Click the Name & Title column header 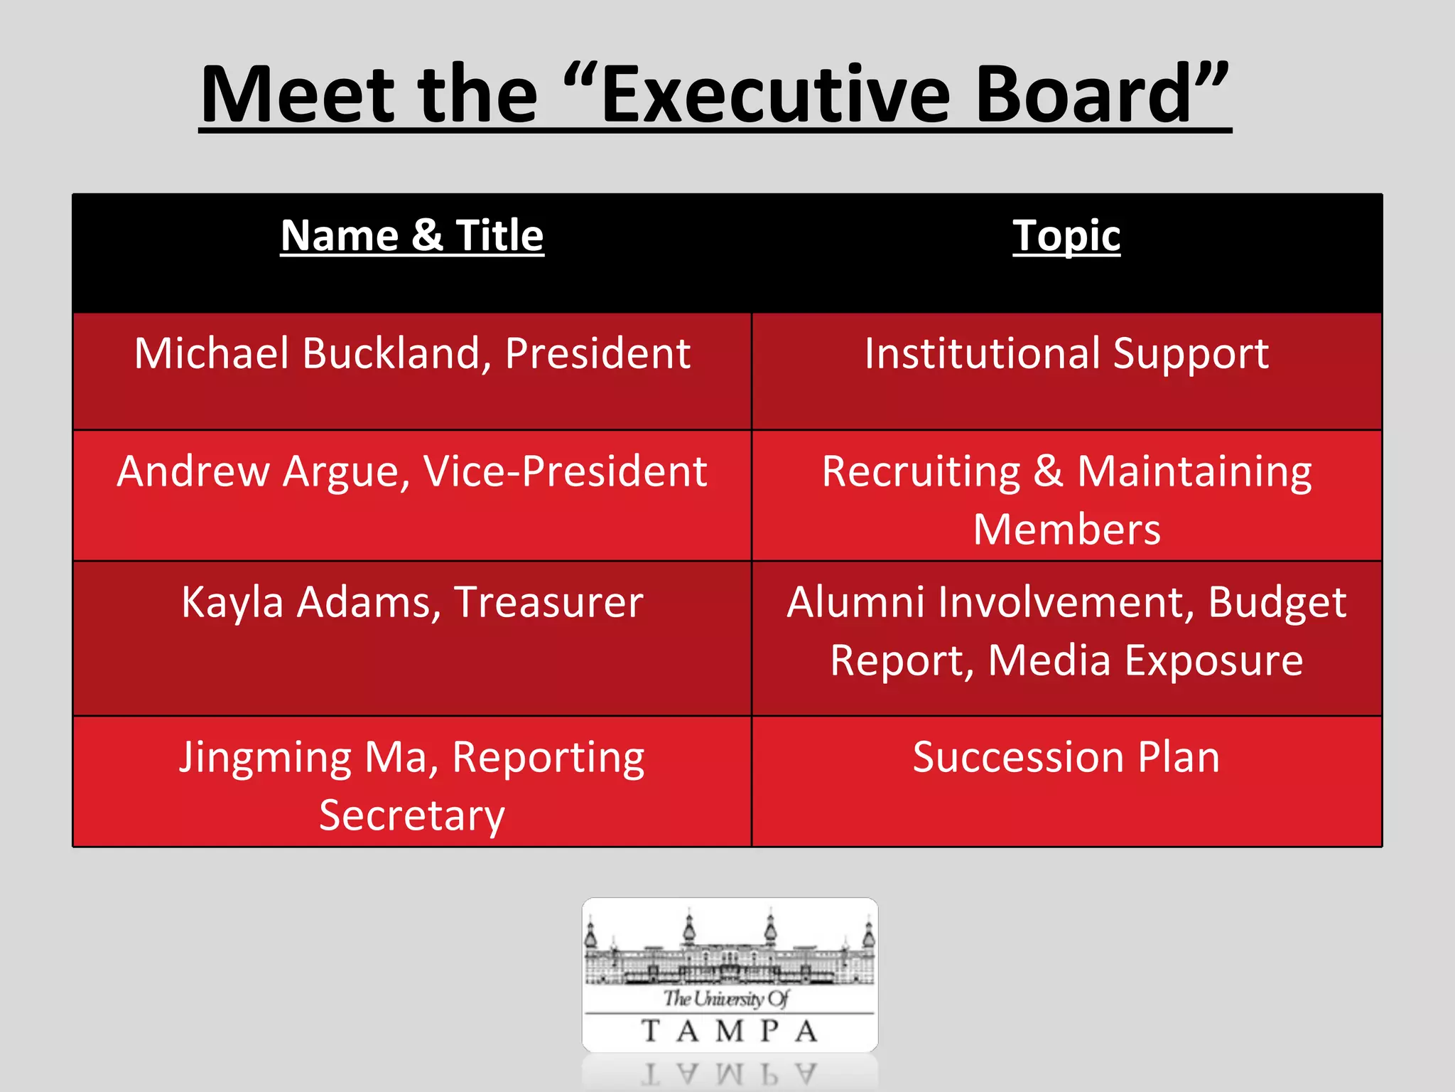(412, 235)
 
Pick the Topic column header (1066, 235)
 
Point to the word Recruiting (921, 471)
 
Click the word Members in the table (1066, 530)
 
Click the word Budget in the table (1277, 603)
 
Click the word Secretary (412, 815)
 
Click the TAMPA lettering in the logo (730, 1031)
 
